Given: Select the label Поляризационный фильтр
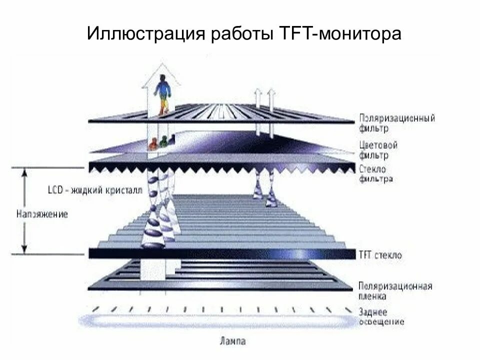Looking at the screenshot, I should tap(396, 123).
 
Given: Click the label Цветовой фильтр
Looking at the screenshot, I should tap(378, 150).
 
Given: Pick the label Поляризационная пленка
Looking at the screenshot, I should tap(395, 291).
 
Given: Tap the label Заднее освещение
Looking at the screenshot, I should tap(381, 317).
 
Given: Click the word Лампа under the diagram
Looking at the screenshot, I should tap(232, 342).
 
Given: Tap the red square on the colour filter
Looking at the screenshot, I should tap(152, 145).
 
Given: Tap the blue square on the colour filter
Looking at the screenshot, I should tap(171, 139).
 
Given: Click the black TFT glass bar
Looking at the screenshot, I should tap(220, 253).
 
